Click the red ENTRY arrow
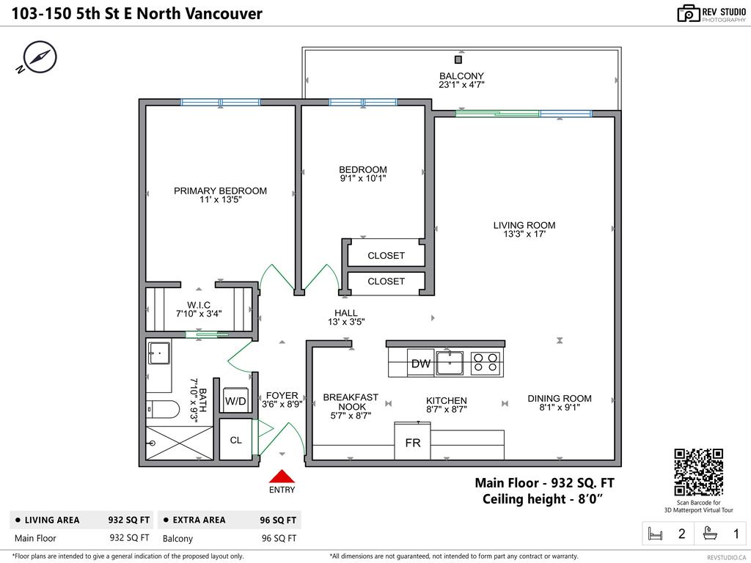coord(282,476)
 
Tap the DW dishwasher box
coord(420,364)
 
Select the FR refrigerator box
coord(412,443)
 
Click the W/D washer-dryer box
coord(235,401)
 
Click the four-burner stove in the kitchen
coord(486,363)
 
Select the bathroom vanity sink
coord(158,353)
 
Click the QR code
coord(698,472)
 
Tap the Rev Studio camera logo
coord(688,13)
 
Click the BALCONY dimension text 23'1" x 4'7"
coord(461,85)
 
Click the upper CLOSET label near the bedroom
coord(386,256)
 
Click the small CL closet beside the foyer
coord(235,441)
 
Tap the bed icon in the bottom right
coord(656,534)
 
